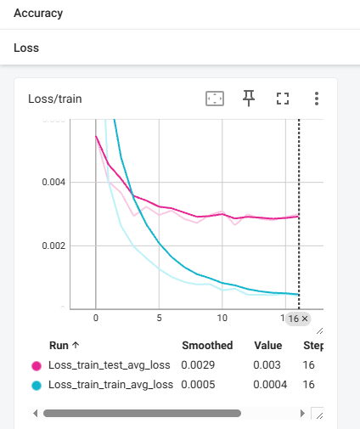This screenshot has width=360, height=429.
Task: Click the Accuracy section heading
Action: pos(38,14)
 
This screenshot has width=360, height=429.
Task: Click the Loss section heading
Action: pos(26,48)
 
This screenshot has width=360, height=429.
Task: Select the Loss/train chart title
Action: pos(55,99)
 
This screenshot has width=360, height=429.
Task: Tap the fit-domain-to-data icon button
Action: pos(215,99)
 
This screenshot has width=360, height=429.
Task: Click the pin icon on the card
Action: pos(249,99)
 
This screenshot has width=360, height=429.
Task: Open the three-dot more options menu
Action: pos(317,99)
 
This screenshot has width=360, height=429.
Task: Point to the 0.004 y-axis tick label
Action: pos(53,182)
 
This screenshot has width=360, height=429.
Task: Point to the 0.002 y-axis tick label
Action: pos(53,246)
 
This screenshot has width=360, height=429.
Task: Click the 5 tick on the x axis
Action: pos(159,318)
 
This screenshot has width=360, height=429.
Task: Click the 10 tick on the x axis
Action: pos(222,318)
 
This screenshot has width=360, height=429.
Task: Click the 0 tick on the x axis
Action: pos(96,318)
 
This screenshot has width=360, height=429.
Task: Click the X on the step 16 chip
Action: pos(305,319)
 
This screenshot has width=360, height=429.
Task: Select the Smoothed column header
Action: pos(207,346)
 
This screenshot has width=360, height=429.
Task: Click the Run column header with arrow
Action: pos(65,346)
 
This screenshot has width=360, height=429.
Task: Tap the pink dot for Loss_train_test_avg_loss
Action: pos(37,366)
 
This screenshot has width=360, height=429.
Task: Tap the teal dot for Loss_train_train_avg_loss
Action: pos(37,386)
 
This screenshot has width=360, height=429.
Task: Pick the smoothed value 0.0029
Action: pos(198,365)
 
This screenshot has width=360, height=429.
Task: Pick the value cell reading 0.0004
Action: pos(270,385)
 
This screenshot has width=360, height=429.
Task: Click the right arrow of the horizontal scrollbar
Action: pos(302,414)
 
